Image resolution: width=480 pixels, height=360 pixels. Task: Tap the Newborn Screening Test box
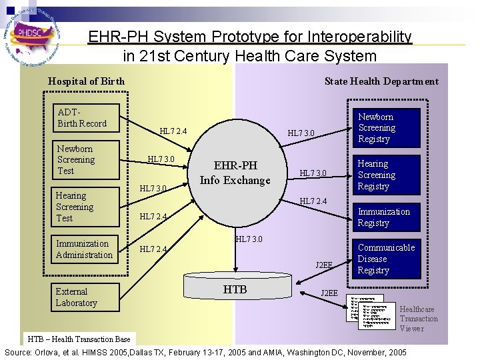click(87, 160)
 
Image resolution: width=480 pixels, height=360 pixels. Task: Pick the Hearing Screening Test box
click(86, 207)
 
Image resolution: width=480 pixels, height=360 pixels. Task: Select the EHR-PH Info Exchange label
click(235, 173)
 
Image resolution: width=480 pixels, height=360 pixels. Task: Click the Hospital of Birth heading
click(86, 81)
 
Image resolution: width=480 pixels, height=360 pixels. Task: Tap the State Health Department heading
click(381, 81)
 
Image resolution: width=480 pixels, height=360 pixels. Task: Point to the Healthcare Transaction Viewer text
click(419, 319)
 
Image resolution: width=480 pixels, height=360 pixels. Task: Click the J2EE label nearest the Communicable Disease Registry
click(324, 265)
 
